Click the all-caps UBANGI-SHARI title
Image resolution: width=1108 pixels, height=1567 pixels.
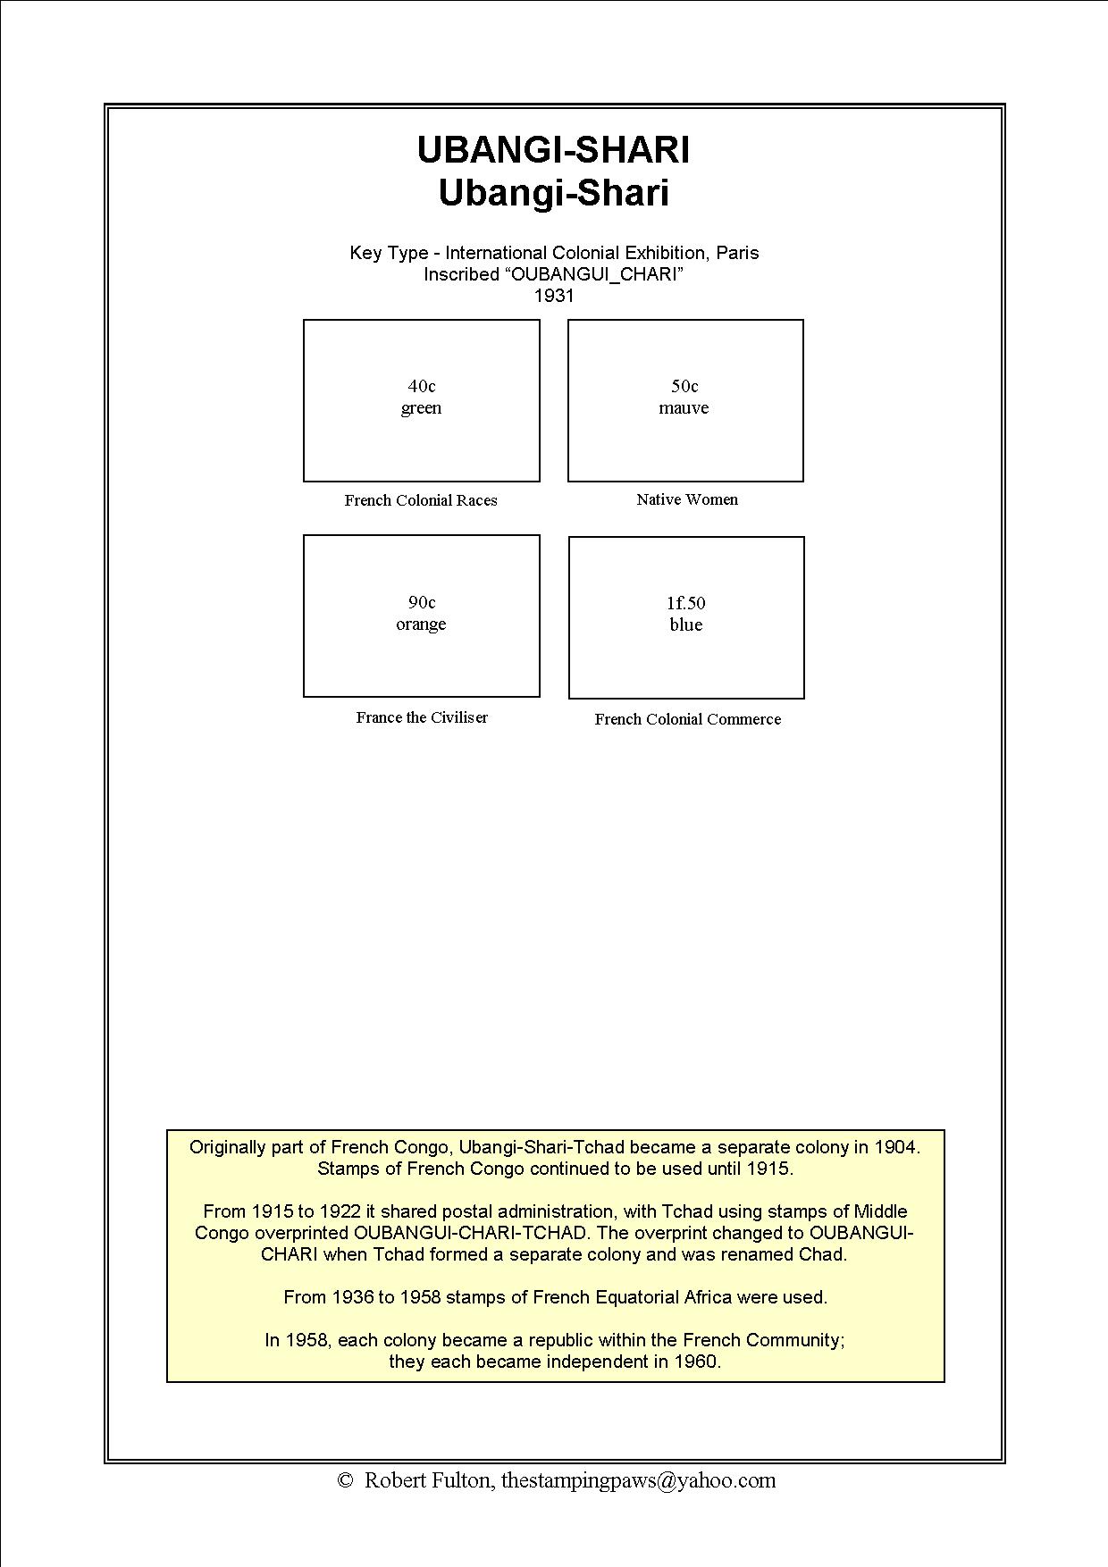[553, 150]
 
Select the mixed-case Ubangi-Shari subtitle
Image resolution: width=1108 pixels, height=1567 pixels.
[553, 194]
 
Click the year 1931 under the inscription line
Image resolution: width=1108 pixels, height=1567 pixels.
[554, 296]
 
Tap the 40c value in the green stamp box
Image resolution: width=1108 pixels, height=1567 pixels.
[422, 386]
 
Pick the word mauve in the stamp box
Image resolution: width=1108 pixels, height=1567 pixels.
[684, 408]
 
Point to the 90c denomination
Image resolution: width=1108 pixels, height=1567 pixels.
[422, 602]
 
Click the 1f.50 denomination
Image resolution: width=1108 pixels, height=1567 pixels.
[685, 603]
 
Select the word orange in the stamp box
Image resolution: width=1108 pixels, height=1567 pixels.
[421, 624]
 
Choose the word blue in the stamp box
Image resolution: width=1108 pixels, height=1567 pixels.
[685, 625]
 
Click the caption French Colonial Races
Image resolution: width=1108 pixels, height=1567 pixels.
[421, 500]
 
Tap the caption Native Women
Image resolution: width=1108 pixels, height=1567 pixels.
[687, 499]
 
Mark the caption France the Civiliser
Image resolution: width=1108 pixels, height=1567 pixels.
[422, 717]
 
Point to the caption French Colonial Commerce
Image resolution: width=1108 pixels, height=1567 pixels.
[687, 719]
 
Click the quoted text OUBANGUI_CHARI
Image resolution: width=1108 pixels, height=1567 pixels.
[596, 274]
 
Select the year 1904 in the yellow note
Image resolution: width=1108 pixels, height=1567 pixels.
[895, 1147]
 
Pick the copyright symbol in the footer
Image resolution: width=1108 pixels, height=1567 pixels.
[345, 1480]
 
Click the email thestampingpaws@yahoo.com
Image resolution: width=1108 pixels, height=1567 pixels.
[638, 1480]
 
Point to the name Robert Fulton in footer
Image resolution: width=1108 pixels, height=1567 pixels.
[427, 1480]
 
